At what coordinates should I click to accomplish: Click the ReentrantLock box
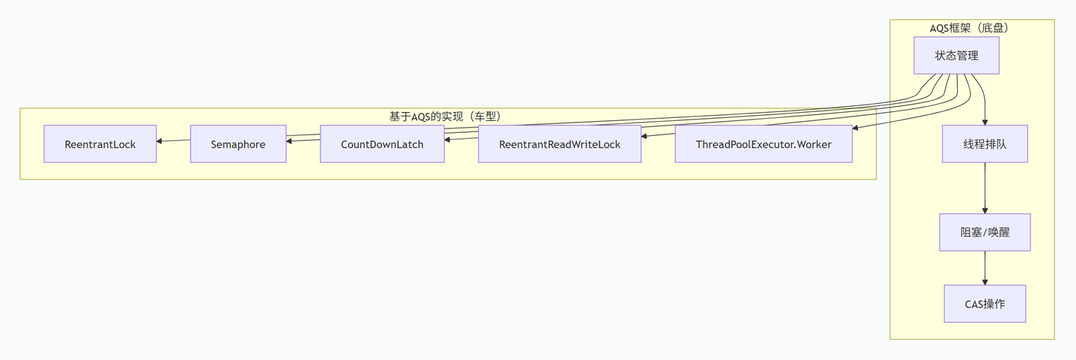pyautogui.click(x=100, y=144)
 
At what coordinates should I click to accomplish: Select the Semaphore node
pyautogui.click(x=238, y=144)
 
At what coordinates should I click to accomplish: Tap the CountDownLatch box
pyautogui.click(x=382, y=144)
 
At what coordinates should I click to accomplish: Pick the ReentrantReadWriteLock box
pyautogui.click(x=560, y=144)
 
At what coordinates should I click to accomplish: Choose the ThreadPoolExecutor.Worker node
pyautogui.click(x=763, y=144)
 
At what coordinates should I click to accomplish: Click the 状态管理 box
pyautogui.click(x=956, y=56)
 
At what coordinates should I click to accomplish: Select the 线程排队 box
pyautogui.click(x=985, y=144)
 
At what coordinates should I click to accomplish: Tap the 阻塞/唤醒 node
pyautogui.click(x=985, y=232)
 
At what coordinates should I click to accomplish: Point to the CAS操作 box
pyautogui.click(x=985, y=304)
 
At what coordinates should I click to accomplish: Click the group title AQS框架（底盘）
pyautogui.click(x=972, y=28)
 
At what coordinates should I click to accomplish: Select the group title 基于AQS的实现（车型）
pyautogui.click(x=448, y=117)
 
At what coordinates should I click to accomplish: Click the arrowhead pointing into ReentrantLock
pyautogui.click(x=160, y=140)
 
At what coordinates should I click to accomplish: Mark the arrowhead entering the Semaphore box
pyautogui.click(x=290, y=139)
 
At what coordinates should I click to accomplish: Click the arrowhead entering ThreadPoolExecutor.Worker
pyautogui.click(x=856, y=128)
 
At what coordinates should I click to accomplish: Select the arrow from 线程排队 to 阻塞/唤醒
pyautogui.click(x=985, y=188)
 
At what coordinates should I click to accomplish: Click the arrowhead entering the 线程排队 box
pyautogui.click(x=985, y=122)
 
